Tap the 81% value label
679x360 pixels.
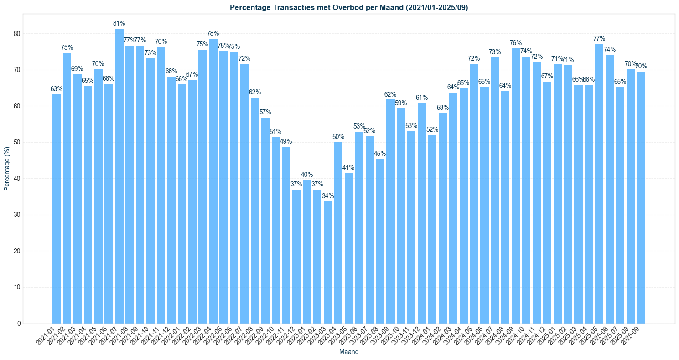click(x=119, y=23)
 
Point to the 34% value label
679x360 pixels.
click(x=328, y=196)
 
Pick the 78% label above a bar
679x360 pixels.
click(x=213, y=33)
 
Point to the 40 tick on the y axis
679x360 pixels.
click(x=17, y=179)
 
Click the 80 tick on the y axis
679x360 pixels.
click(x=17, y=34)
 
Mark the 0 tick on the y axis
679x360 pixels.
click(x=19, y=324)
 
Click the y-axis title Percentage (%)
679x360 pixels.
click(x=7, y=169)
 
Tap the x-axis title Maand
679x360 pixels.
click(x=349, y=352)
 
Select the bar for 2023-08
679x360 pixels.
click(x=380, y=241)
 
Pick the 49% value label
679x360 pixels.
click(x=286, y=141)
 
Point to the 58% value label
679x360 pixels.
click(x=443, y=108)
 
